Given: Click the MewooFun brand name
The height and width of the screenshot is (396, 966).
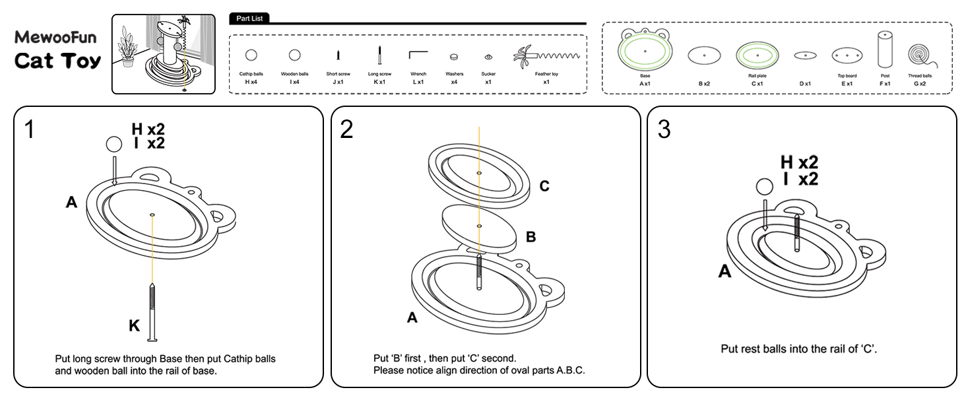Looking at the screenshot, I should [55, 37].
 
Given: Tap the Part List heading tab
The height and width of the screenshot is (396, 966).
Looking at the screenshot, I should [249, 18].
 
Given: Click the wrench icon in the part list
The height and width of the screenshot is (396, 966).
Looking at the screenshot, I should [418, 56].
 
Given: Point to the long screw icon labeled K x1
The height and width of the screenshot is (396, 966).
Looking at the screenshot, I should [380, 55].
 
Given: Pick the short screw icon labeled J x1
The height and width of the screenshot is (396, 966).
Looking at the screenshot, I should [338, 56].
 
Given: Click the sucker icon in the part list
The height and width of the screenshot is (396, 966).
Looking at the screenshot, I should [488, 57].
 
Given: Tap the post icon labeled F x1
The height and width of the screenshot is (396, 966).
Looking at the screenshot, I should [885, 50].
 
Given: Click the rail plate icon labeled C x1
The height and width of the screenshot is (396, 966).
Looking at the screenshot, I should [757, 55].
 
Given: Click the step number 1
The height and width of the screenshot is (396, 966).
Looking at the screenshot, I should [29, 129].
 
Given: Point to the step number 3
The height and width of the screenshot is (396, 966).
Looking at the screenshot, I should [663, 129].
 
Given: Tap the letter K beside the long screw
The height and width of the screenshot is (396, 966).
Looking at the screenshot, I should [134, 325].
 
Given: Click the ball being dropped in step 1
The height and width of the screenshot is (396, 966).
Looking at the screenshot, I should [114, 145].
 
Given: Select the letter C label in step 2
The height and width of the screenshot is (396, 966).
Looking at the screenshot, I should [544, 187].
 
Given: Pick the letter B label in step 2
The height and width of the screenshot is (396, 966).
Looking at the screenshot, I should [531, 237].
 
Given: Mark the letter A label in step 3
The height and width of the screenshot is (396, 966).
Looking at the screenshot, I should [724, 271].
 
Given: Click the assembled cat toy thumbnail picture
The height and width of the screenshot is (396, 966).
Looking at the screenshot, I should [163, 54].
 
